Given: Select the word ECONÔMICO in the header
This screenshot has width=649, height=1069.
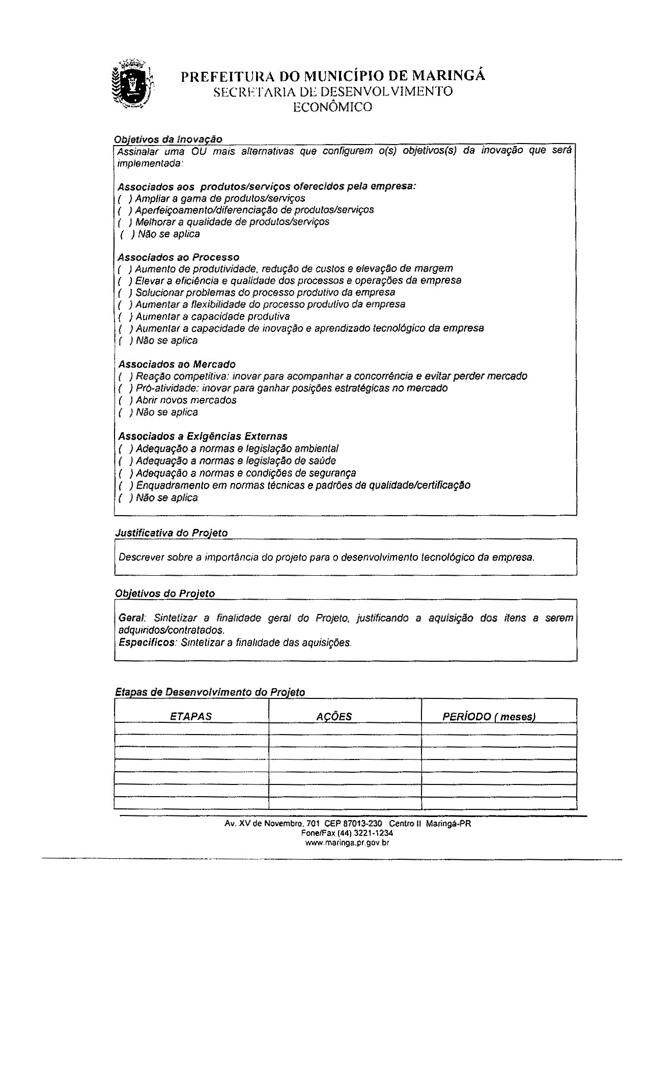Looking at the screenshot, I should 332,107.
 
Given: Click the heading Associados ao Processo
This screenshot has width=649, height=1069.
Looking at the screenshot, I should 179,257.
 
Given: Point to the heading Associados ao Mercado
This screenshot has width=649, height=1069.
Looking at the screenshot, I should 177,364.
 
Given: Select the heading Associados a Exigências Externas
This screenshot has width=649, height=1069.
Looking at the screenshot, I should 203,436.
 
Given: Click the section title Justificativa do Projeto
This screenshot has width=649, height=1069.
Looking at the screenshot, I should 172,533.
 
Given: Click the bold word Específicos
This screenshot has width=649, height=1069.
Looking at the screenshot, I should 147,642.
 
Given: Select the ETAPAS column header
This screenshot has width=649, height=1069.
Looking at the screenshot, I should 191,716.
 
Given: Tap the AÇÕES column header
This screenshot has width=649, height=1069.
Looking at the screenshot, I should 334,717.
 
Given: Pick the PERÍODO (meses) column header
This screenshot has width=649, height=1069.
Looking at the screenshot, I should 489,717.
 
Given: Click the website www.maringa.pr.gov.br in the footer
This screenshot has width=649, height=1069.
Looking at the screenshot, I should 347,843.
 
